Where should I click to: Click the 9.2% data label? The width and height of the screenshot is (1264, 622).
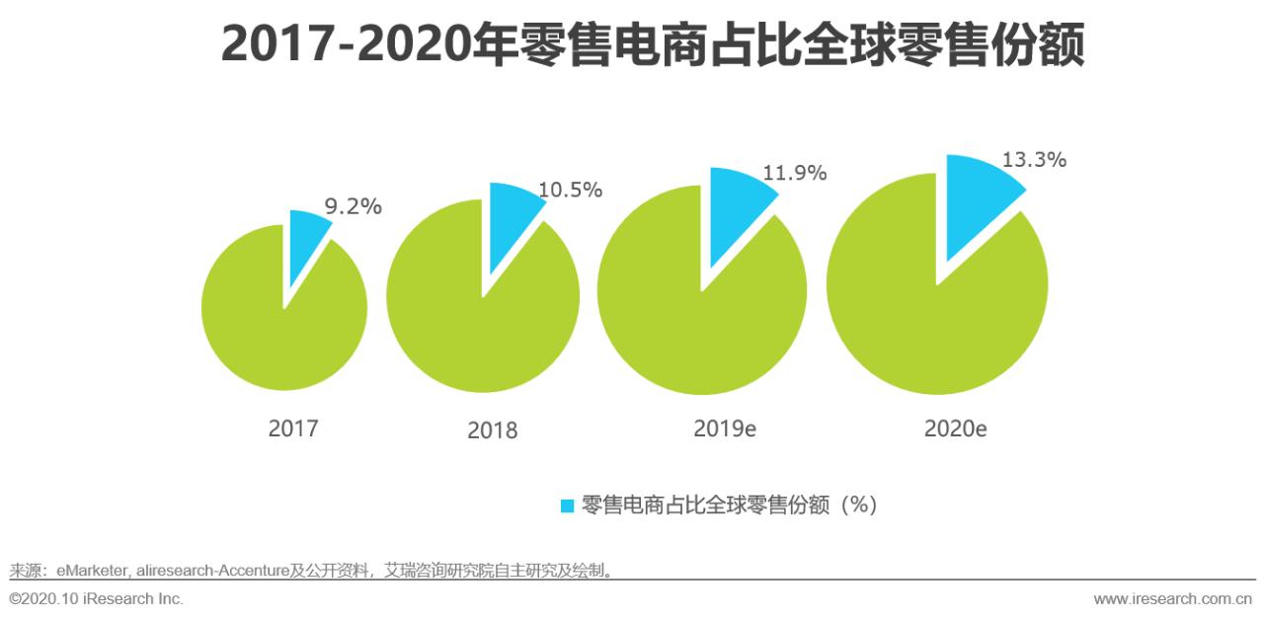353,207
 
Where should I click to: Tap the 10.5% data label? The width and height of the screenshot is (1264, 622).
570,191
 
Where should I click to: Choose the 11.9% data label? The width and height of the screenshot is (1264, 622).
794,174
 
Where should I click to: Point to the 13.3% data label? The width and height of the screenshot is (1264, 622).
1034,160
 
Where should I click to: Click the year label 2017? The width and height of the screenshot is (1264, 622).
293,428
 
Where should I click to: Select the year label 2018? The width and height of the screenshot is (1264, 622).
492,430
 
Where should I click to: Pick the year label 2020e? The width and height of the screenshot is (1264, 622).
956,428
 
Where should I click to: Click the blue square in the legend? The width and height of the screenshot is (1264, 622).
567,505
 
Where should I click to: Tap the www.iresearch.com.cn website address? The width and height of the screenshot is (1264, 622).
1172,599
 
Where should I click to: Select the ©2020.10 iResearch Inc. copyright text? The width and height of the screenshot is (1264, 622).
96,599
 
